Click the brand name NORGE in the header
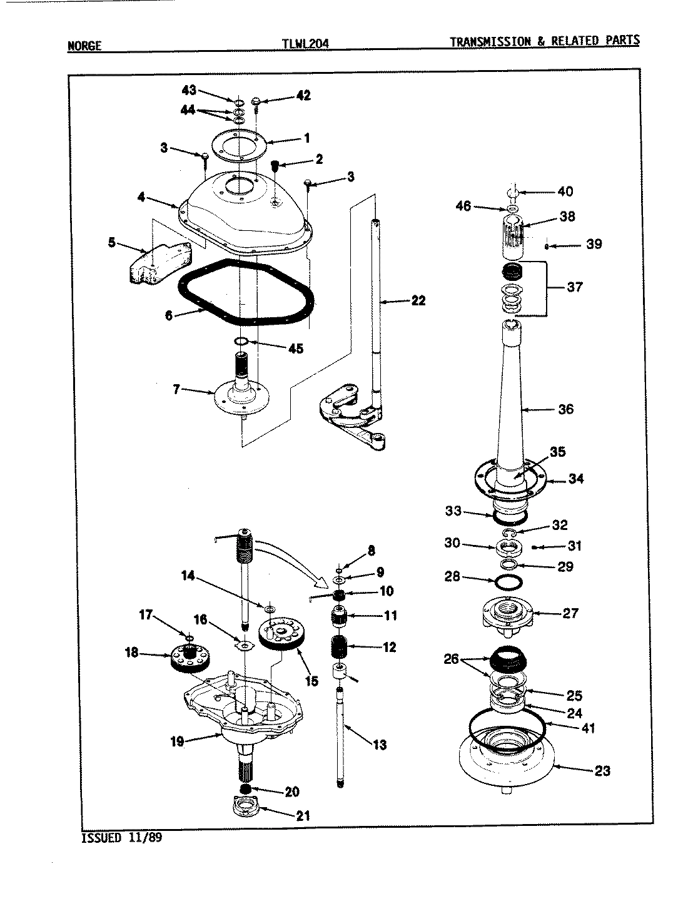[84, 46]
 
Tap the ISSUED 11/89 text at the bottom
[121, 838]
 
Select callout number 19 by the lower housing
[177, 741]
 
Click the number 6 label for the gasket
[169, 315]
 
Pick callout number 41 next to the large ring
[588, 728]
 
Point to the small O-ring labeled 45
[241, 341]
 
